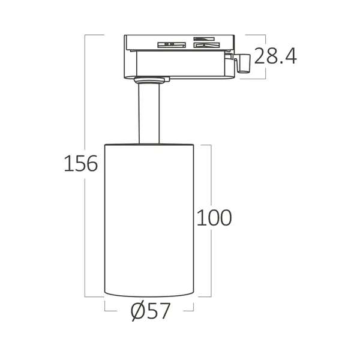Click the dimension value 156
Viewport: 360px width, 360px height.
click(80, 163)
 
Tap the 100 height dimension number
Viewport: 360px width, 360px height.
click(214, 218)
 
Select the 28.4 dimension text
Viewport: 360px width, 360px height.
click(275, 56)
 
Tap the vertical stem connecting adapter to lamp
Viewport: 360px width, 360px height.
click(149, 114)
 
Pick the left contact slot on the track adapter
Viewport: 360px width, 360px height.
click(170, 44)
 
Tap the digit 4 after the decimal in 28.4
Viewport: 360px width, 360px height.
click(290, 56)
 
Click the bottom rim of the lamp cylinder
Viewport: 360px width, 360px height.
click(149, 295)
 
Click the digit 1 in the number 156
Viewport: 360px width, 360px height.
click(68, 163)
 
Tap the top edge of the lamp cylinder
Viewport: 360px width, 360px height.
click(149, 145)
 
